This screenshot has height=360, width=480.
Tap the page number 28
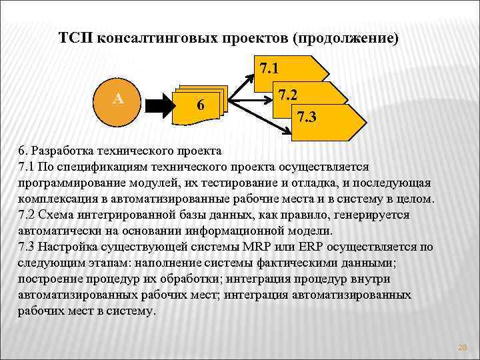pyautogui.click(x=463, y=347)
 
